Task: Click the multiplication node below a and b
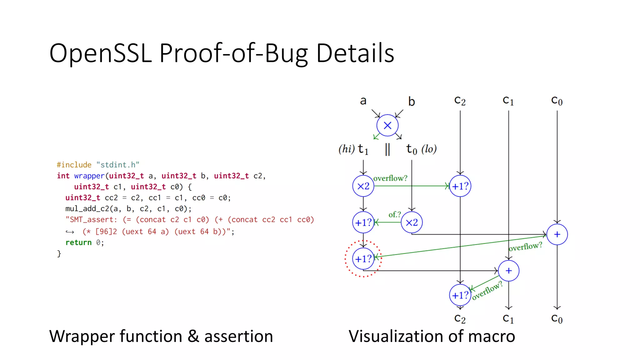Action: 387,125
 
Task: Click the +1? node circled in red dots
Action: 363,259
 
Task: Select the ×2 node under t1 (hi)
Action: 363,186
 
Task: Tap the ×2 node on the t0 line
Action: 412,222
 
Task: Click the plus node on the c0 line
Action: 557,234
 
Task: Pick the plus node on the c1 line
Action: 508,271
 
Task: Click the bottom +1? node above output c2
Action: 460,295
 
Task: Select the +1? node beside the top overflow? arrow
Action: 460,186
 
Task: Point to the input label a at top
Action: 363,101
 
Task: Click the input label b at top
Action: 411,102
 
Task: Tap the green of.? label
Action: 394,215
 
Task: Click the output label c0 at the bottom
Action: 557,319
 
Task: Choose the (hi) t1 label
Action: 353,149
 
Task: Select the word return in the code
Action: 78,242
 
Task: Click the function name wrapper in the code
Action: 89,176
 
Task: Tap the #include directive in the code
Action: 74,165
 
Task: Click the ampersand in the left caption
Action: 193,337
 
